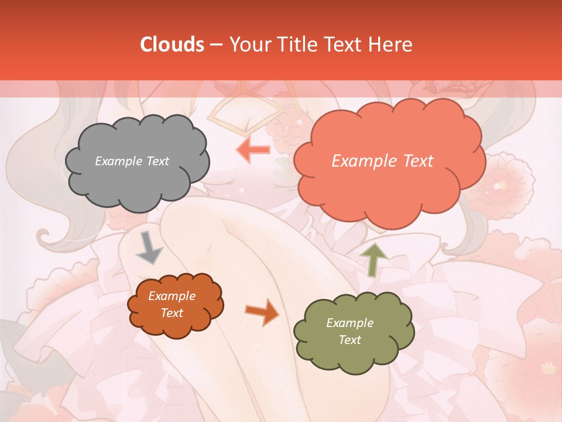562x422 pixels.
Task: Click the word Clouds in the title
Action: coord(172,45)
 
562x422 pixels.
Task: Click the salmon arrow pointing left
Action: coord(253,149)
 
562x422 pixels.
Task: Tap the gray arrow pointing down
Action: coord(149,249)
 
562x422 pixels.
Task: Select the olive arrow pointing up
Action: coord(373,259)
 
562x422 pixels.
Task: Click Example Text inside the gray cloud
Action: coord(132,161)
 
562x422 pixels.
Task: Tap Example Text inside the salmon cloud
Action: coord(382,161)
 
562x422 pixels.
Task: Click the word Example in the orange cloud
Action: coord(172,296)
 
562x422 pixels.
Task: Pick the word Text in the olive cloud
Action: coord(349,340)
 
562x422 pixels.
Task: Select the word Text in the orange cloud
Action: coord(172,313)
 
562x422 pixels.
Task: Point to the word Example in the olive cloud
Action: coord(349,323)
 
